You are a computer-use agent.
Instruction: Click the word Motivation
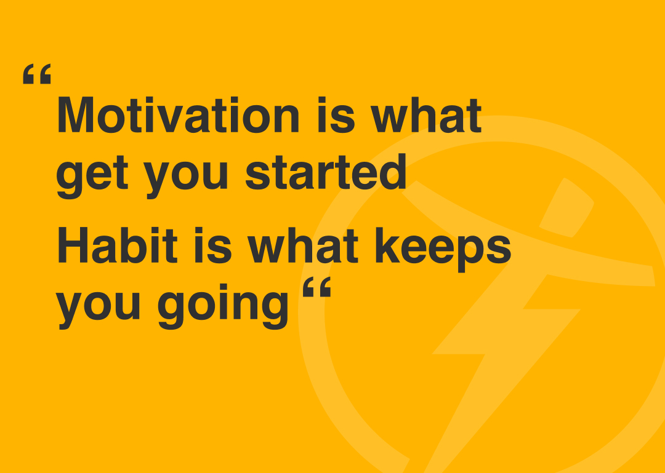click(x=178, y=114)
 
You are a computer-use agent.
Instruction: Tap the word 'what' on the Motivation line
click(x=426, y=114)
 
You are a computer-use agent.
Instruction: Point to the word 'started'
click(x=326, y=172)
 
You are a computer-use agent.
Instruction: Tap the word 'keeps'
click(x=443, y=249)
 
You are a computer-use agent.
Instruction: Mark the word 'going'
click(x=223, y=306)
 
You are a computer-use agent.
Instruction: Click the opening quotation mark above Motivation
click(x=37, y=74)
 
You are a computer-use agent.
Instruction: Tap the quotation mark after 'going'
click(x=317, y=287)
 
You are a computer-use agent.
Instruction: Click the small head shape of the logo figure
click(x=567, y=208)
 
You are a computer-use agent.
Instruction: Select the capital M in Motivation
click(x=75, y=115)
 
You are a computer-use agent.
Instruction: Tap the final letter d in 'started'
click(x=393, y=172)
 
